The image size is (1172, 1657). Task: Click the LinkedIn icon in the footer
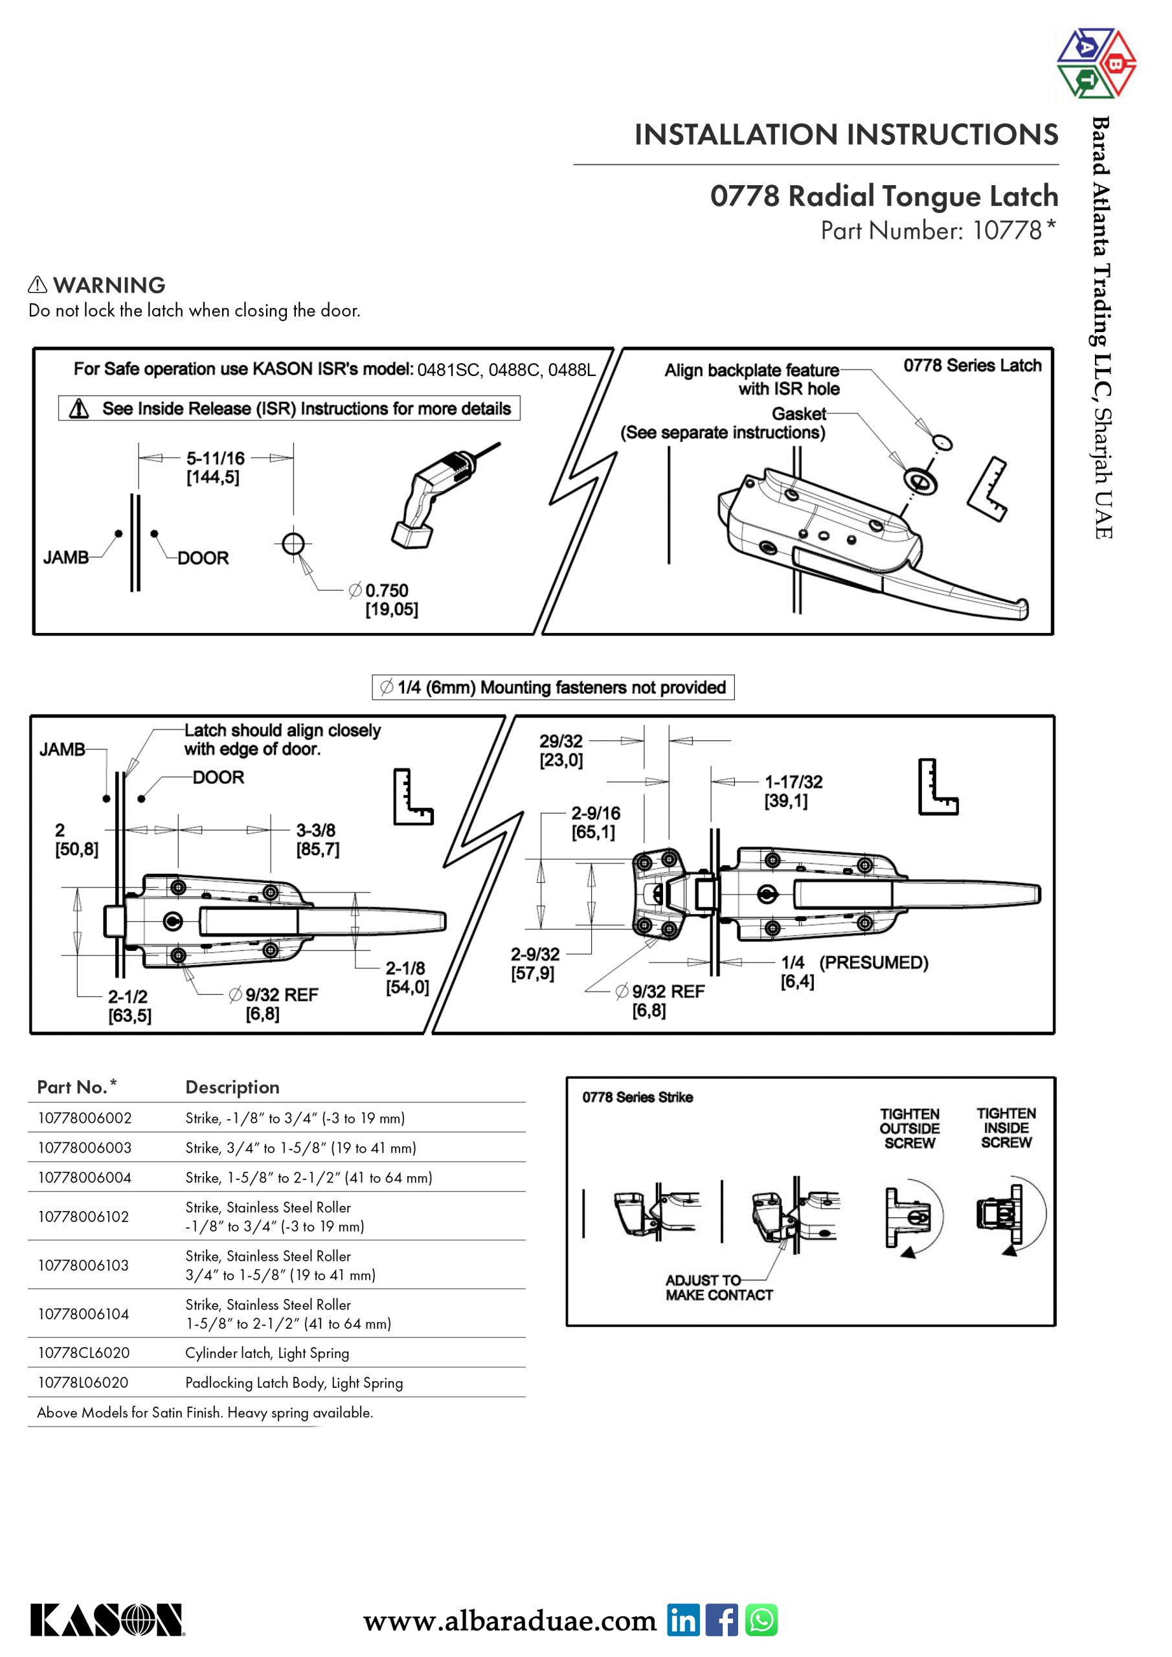click(x=682, y=1619)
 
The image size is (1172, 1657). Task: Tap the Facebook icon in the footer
click(x=721, y=1619)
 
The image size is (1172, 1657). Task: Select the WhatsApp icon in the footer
click(x=761, y=1619)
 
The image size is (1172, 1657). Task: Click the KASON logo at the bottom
click(x=107, y=1619)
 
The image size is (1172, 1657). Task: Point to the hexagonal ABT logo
click(x=1096, y=63)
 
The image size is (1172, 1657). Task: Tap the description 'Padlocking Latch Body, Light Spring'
click(x=294, y=1383)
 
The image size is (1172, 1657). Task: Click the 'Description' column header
click(x=232, y=1087)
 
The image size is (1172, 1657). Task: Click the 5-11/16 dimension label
click(x=215, y=459)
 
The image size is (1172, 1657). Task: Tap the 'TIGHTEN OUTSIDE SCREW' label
click(x=909, y=1128)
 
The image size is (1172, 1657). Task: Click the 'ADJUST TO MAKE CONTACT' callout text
click(x=719, y=1287)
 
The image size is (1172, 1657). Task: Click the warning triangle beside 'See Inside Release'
click(x=79, y=409)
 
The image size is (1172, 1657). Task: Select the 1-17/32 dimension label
click(x=793, y=783)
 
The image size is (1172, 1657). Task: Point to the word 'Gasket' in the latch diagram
click(x=798, y=414)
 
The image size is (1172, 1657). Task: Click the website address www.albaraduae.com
click(x=509, y=1621)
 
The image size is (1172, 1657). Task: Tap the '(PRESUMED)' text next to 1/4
click(x=873, y=962)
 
